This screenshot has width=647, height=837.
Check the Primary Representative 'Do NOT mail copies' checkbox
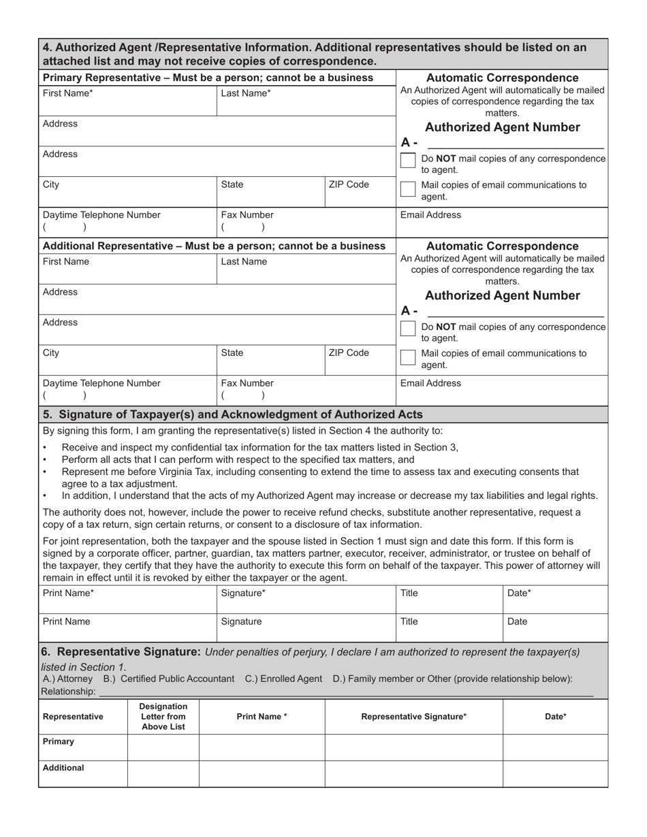(408, 161)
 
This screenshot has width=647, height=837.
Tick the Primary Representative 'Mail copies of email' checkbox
(408, 188)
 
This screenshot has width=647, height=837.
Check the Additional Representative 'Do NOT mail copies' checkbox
(408, 329)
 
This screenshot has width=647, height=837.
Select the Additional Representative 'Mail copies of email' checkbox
(408, 357)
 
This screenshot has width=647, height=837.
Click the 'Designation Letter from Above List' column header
(163, 717)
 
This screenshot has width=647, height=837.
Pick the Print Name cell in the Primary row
(262, 747)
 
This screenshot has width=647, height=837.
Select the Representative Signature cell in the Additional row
(414, 774)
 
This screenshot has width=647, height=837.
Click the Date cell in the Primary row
(555, 747)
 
